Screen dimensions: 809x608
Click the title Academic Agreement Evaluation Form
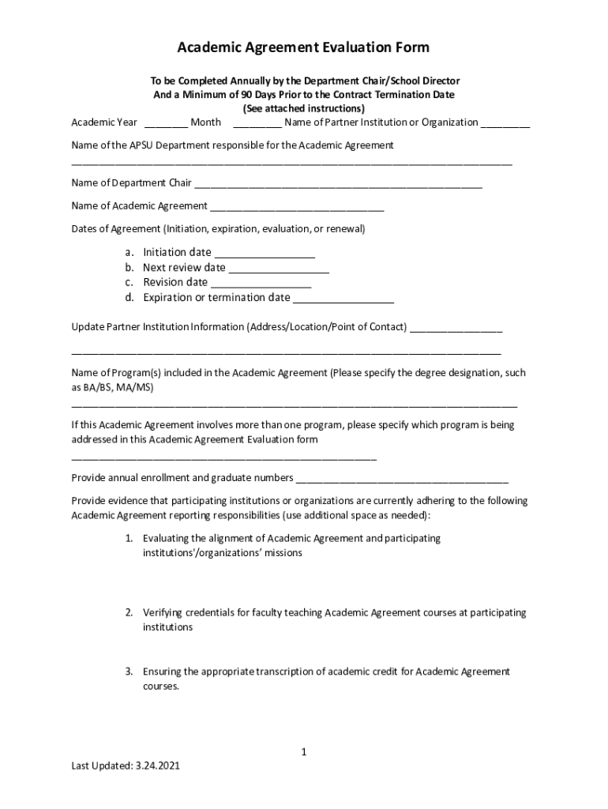point(303,47)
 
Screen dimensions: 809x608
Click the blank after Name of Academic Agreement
point(296,208)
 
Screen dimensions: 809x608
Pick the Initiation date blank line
point(265,254)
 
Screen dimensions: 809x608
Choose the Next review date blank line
point(279,269)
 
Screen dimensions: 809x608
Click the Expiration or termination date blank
point(343,299)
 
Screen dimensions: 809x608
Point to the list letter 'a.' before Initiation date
point(129,252)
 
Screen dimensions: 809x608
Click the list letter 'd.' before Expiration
point(129,298)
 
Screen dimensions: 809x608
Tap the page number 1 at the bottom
point(303,752)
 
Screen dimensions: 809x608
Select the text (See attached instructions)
point(303,108)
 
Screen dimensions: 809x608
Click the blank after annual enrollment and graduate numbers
point(402,480)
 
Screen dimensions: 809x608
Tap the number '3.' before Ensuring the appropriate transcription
point(129,672)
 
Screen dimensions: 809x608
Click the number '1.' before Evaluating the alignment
point(129,538)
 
